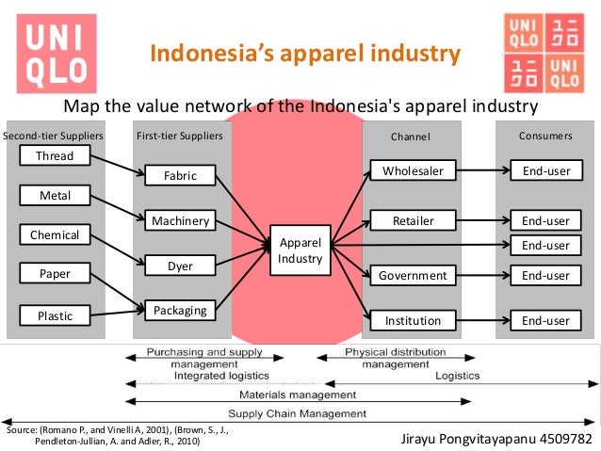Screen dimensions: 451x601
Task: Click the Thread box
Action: [55, 155]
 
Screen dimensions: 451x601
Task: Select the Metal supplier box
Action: [55, 196]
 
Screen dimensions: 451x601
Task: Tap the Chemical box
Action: [55, 234]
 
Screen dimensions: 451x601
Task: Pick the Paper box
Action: [55, 275]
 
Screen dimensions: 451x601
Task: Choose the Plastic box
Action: [55, 316]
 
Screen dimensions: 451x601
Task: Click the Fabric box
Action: [180, 176]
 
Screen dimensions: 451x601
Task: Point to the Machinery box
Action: [180, 221]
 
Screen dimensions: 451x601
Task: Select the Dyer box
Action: [180, 266]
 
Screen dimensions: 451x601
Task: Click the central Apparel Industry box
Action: [300, 250]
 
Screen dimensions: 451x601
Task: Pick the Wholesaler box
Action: [413, 170]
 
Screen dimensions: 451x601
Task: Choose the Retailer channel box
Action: [413, 221]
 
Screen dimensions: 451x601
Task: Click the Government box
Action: [413, 276]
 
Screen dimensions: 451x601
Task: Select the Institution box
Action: [413, 321]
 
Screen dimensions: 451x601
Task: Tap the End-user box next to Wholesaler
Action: [545, 170]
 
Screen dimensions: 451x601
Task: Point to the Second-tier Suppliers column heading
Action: [53, 136]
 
